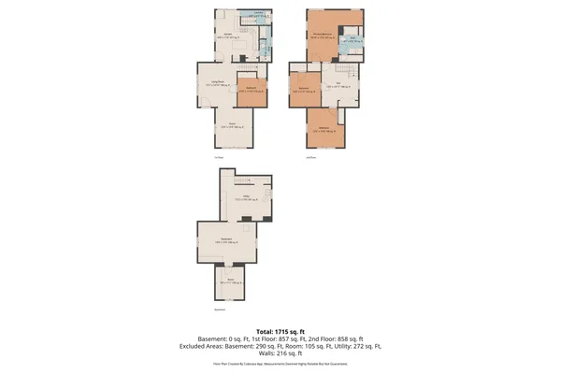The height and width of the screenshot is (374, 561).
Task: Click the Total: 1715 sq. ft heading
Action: coord(280,331)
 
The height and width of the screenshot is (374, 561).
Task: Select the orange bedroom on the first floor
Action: coord(252,91)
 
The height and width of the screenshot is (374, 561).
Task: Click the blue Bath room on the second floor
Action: coord(350,41)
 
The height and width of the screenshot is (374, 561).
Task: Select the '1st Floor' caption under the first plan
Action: coord(218,156)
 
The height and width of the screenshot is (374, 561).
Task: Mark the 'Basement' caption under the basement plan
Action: coord(220,309)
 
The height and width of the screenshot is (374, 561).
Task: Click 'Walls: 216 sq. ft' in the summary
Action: coord(280,353)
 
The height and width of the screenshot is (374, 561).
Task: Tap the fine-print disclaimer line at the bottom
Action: coord(280,366)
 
